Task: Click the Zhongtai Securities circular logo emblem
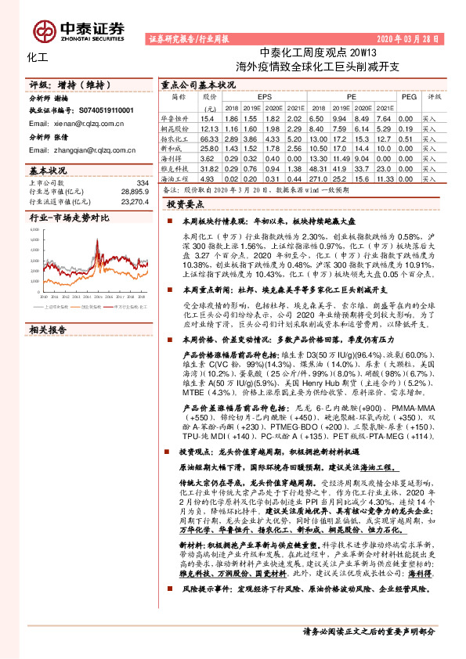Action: click(42, 30)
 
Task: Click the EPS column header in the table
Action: click(254, 97)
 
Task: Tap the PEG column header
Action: click(408, 97)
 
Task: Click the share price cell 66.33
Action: click(210, 137)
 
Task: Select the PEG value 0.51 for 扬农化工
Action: click(406, 137)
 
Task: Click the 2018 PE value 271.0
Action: click(321, 178)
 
